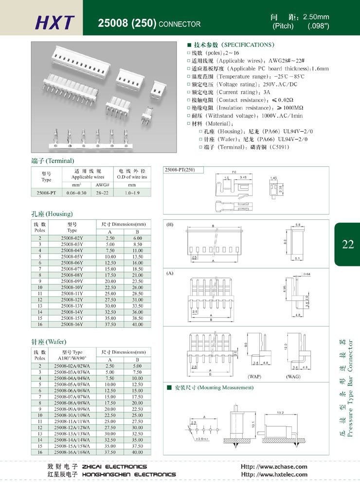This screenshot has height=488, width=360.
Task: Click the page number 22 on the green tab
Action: click(347, 244)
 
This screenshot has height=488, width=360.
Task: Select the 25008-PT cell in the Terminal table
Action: click(47, 193)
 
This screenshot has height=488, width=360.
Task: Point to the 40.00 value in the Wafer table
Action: click(137, 452)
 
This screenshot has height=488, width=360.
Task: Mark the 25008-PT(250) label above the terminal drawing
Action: click(180, 170)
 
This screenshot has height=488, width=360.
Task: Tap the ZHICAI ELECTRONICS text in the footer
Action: click(115, 467)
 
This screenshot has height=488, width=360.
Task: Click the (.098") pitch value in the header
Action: click(318, 26)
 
